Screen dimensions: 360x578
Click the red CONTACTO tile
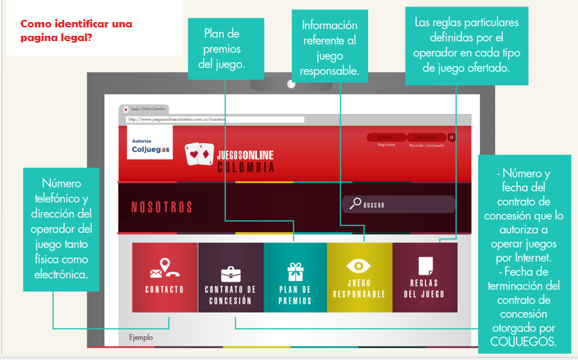tap(164, 277)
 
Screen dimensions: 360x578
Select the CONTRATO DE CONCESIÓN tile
tap(230, 277)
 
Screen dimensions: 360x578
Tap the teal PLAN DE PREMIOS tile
tap(295, 277)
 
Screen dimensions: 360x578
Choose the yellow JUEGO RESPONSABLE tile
tap(359, 277)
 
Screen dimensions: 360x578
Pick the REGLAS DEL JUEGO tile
tap(424, 277)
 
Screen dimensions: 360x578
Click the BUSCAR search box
tap(399, 205)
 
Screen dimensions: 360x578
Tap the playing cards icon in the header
tap(200, 155)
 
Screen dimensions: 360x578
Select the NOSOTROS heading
tap(162, 208)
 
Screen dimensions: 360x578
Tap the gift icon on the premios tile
tap(295, 271)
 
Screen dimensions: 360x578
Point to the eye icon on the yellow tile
tap(359, 266)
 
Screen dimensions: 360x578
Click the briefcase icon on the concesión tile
tap(230, 273)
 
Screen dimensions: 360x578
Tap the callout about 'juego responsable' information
tap(329, 49)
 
